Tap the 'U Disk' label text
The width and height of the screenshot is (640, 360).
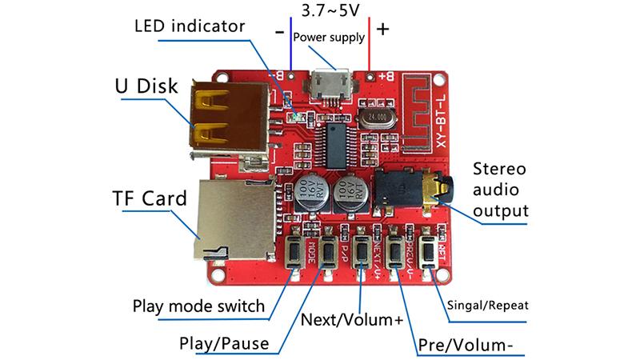[x=146, y=86]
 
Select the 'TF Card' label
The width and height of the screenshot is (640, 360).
[x=147, y=197]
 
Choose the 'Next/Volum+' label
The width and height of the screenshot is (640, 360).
[x=351, y=320]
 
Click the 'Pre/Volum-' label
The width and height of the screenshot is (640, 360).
[x=465, y=346]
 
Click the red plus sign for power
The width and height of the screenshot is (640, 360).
[x=383, y=30]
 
